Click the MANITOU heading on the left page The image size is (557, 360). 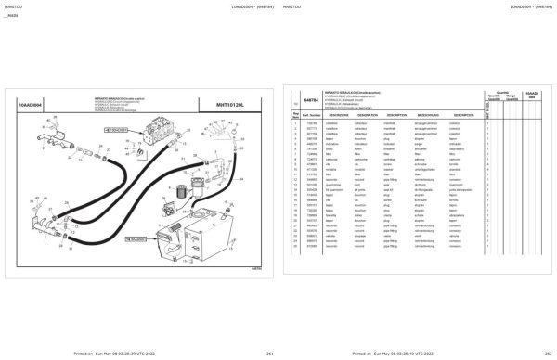(x=13, y=7)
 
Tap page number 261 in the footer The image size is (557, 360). (x=243, y=354)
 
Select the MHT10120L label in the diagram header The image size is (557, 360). (x=240, y=105)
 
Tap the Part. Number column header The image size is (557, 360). (x=311, y=114)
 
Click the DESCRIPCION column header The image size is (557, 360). (x=452, y=114)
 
